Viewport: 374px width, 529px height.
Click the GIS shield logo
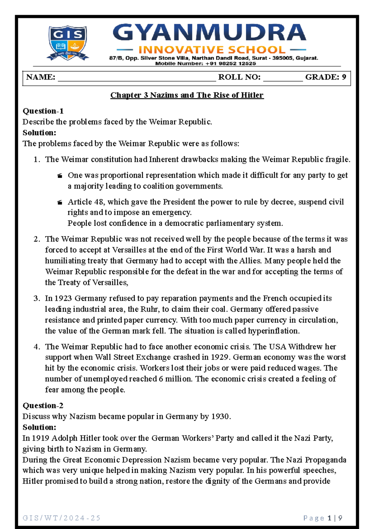68,43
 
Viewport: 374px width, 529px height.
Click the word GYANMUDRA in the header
209,33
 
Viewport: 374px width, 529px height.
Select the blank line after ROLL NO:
283,78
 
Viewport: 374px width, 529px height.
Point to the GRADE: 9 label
326,77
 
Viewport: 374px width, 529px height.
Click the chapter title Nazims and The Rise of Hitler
187,95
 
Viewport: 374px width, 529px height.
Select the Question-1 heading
43,111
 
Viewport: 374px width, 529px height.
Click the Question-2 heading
43,405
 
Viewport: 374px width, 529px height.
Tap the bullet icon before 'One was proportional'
60,176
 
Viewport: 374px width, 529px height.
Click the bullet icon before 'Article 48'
60,203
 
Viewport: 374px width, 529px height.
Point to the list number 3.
36,298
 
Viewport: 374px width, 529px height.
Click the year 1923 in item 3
63,298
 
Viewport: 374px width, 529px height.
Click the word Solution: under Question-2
39,427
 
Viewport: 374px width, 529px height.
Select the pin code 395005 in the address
282,58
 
